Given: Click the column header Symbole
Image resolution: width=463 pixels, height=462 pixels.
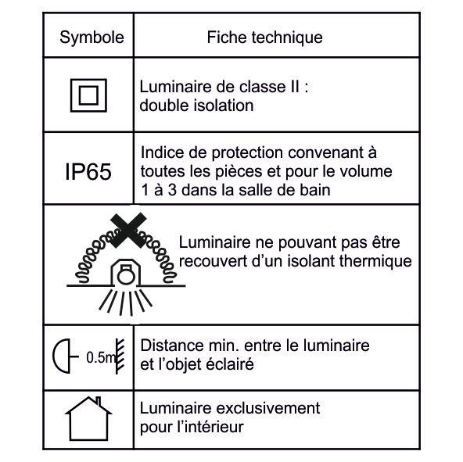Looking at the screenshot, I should pyautogui.click(x=92, y=38).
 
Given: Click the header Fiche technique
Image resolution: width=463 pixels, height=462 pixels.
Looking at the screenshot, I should pyautogui.click(x=264, y=38).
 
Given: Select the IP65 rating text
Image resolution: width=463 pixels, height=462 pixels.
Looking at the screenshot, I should pyautogui.click(x=87, y=171).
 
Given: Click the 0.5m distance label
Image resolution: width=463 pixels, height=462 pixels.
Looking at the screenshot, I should pyautogui.click(x=99, y=358).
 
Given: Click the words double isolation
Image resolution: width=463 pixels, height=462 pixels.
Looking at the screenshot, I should pyautogui.click(x=196, y=106).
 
